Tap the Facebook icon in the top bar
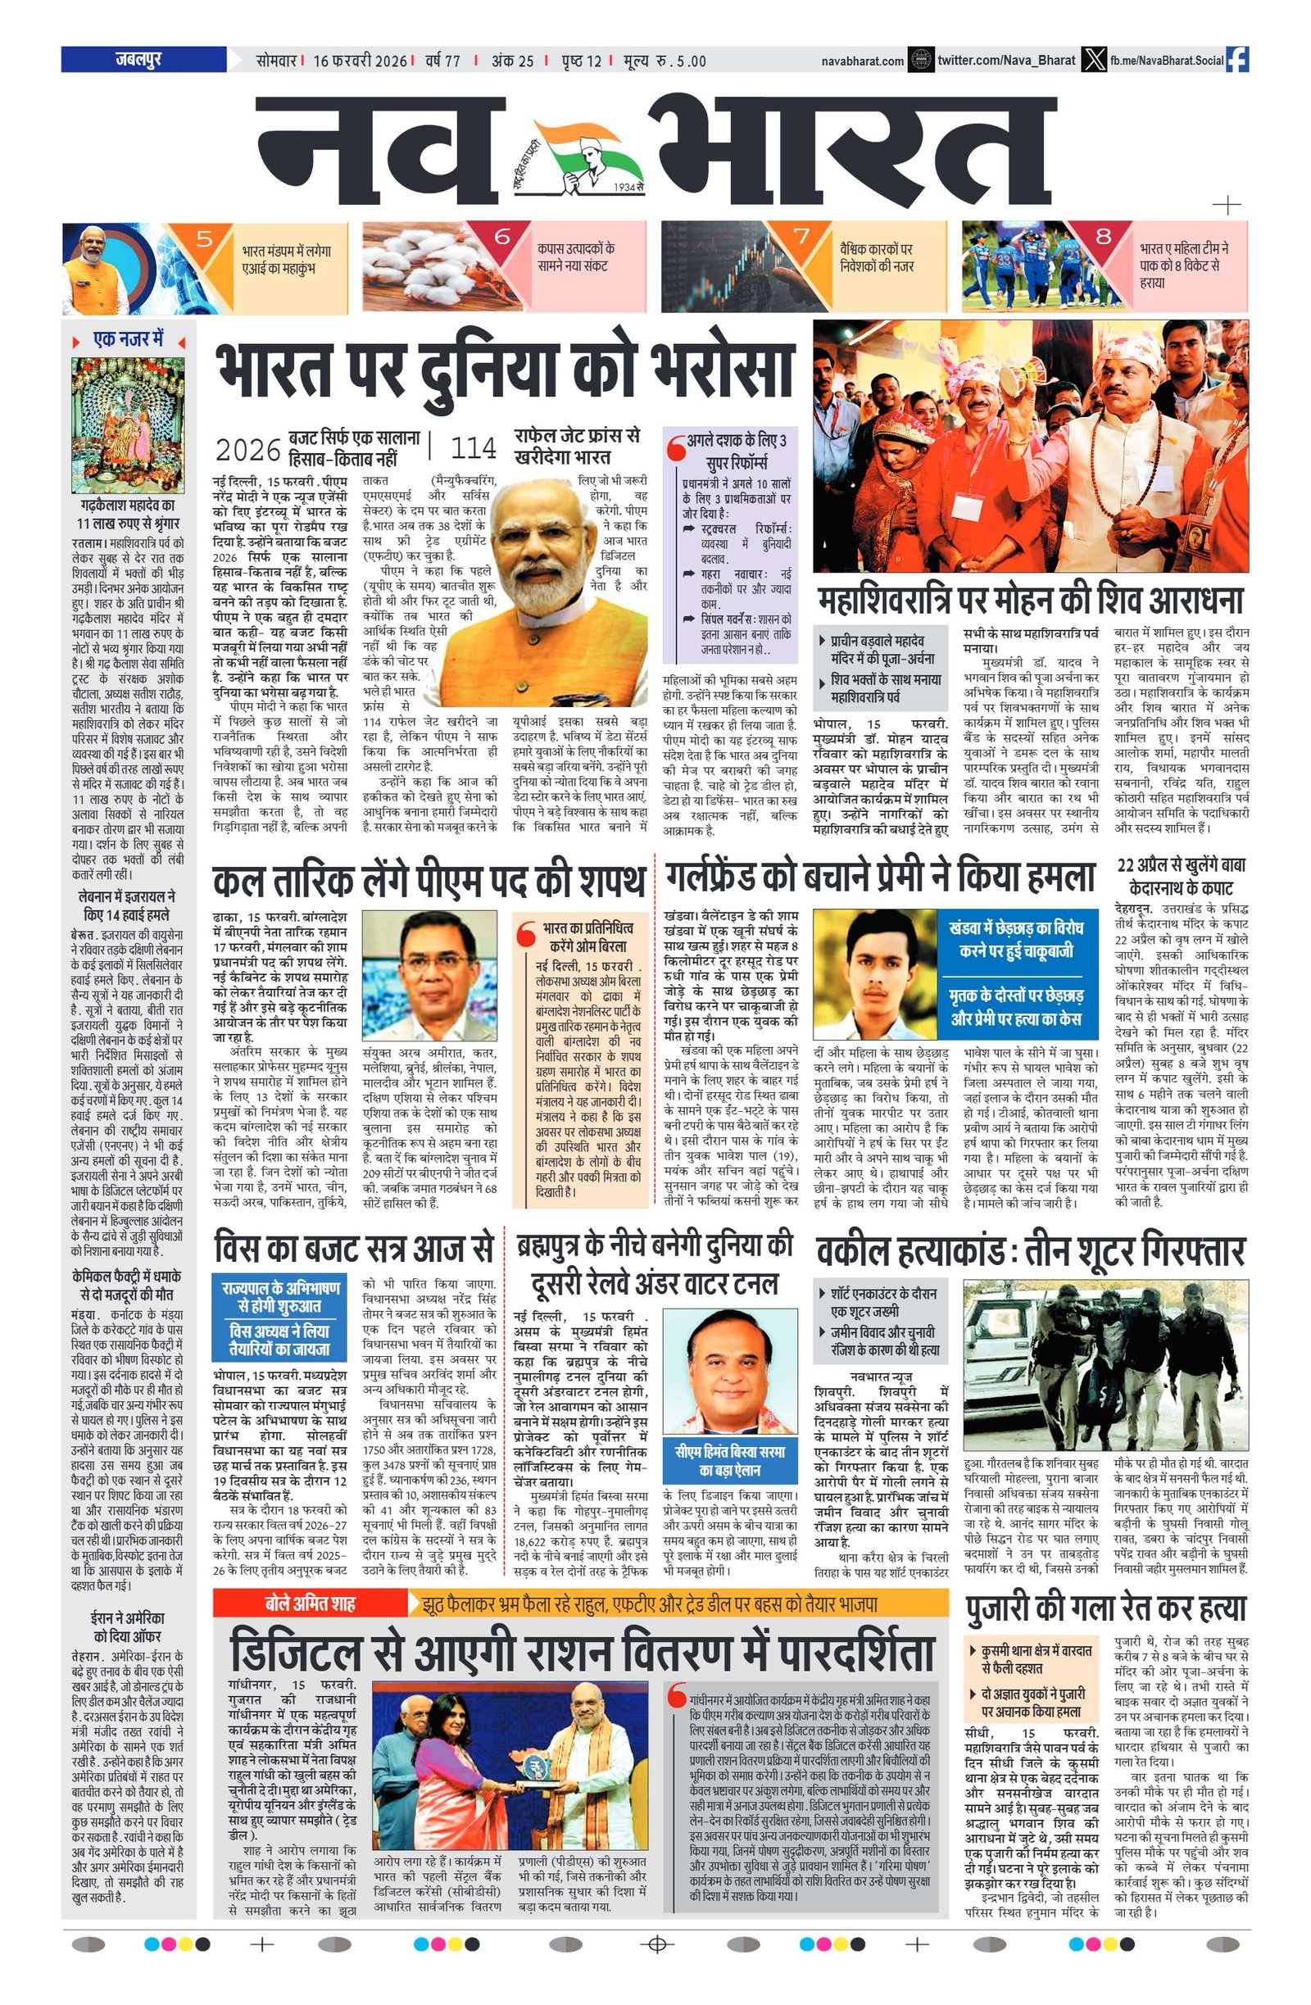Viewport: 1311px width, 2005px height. point(1238,60)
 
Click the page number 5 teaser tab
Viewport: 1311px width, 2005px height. point(204,238)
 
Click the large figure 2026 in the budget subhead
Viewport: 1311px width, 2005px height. point(247,449)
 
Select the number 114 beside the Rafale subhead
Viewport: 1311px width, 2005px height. point(474,447)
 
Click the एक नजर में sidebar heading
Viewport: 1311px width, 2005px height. point(128,339)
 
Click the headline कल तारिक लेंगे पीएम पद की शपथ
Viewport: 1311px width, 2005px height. point(429,881)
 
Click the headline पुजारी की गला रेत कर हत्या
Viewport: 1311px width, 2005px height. point(1105,1608)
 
